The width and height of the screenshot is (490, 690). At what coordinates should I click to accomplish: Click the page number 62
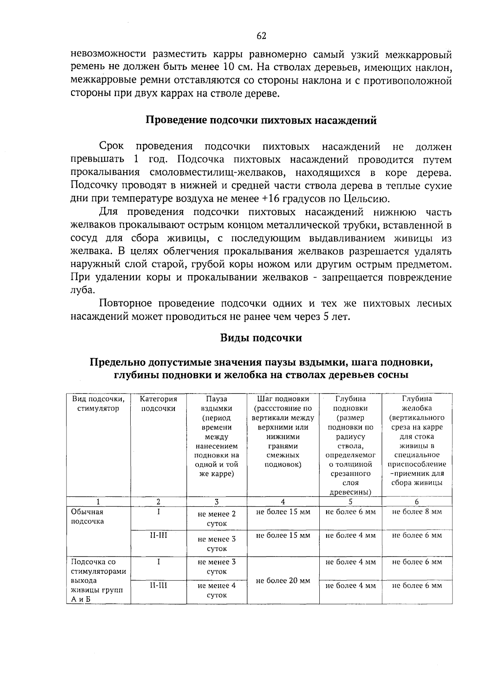[x=261, y=36]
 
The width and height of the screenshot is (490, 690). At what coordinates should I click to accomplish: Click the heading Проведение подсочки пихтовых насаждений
[x=261, y=121]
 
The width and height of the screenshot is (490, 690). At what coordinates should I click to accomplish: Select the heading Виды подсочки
[x=261, y=338]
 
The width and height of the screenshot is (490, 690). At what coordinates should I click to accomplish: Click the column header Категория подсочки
[x=158, y=404]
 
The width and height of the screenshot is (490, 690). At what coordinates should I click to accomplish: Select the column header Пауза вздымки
[x=216, y=404]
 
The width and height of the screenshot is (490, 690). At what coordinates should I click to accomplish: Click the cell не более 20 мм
[x=283, y=581]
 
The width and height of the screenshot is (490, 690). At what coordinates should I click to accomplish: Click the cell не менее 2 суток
[x=216, y=519]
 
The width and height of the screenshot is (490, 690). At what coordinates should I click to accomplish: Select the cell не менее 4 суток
[x=216, y=590]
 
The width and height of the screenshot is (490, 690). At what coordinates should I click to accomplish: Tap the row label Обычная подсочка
[x=87, y=516]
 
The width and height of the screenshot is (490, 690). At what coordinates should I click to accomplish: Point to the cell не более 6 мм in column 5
[x=350, y=512]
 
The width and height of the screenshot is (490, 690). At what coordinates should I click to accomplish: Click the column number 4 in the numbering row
[x=283, y=502]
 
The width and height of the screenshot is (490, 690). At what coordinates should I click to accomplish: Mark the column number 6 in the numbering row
[x=416, y=502]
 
